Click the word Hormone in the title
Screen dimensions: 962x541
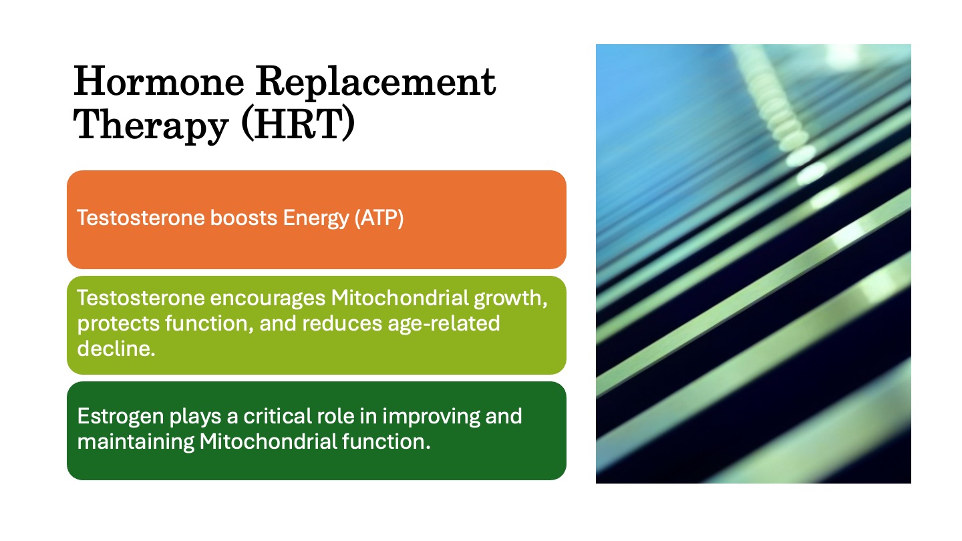[159, 81]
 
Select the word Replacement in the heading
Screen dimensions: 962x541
[376, 82]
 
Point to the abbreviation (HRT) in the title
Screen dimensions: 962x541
[299, 124]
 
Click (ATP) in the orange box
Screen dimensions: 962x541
[379, 218]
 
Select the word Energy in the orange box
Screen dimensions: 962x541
[315, 219]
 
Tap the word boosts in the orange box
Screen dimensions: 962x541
[243, 218]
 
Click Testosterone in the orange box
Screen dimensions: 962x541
[140, 218]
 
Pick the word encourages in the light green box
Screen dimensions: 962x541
[267, 299]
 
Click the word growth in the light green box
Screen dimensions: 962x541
[510, 299]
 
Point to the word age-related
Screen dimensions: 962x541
[444, 324]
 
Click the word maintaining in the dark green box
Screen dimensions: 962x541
[136, 442]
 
